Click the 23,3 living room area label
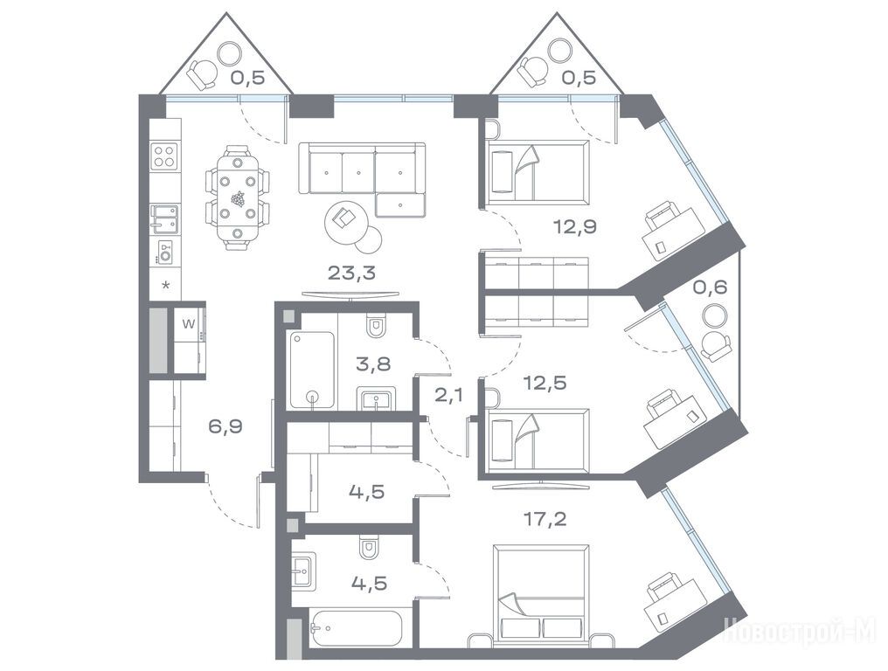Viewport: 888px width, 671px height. (351, 273)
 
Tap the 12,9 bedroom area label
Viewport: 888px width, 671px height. (575, 227)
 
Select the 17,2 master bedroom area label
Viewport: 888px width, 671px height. (545, 519)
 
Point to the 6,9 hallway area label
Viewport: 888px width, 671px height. (225, 425)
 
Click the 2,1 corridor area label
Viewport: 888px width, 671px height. (448, 393)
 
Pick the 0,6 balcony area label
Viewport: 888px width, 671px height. (710, 287)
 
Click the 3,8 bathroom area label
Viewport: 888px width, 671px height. (373, 363)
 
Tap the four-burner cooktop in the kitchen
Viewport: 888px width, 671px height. (165, 156)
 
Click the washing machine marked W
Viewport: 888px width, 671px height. (189, 324)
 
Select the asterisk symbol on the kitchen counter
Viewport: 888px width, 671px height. (166, 285)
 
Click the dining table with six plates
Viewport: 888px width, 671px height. (237, 197)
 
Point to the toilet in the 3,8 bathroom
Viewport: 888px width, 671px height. (375, 326)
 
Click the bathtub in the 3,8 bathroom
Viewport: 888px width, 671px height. (312, 370)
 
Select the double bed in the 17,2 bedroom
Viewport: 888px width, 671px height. (541, 595)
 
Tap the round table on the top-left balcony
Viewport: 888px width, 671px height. (230, 53)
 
